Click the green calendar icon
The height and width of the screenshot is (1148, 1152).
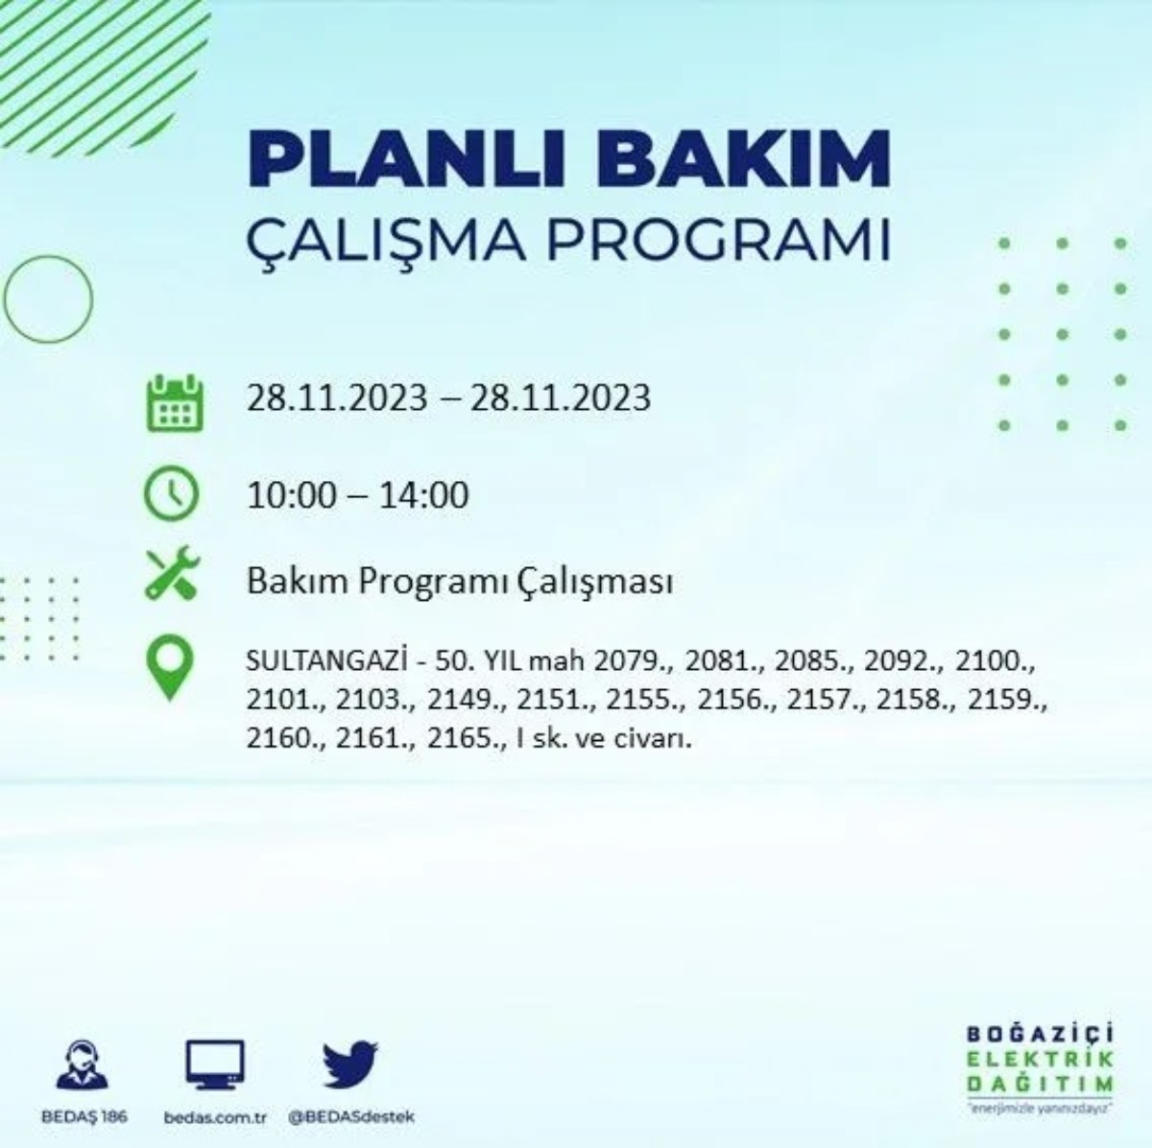coord(174,402)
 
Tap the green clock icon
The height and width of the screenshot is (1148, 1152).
coord(171,493)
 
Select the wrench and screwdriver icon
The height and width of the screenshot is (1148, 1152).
coord(172,573)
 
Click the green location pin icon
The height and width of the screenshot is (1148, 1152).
coord(170,668)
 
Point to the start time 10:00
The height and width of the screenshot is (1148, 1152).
coord(292,495)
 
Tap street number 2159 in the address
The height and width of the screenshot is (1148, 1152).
coord(1009,701)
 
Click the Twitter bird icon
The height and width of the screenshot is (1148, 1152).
coord(350,1064)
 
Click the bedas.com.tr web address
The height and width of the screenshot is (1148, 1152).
coord(214,1117)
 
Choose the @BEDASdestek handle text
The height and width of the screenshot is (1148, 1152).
coord(351,1117)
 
